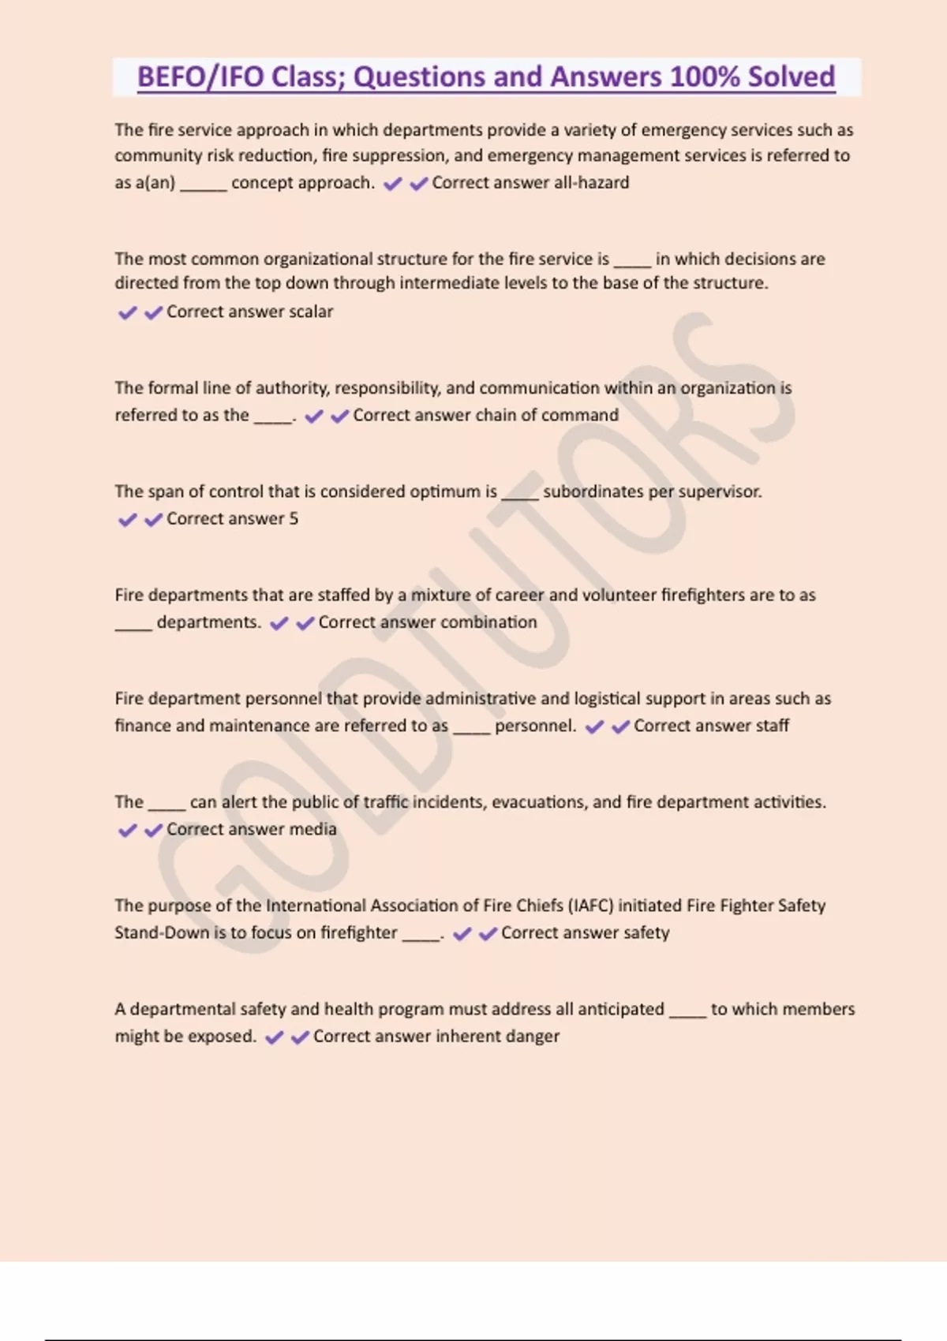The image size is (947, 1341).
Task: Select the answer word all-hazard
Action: point(591,183)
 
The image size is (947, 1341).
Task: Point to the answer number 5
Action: point(294,519)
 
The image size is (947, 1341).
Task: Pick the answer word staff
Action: point(771,726)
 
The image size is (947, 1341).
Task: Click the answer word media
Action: point(313,829)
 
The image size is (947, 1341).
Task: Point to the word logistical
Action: point(618,699)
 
